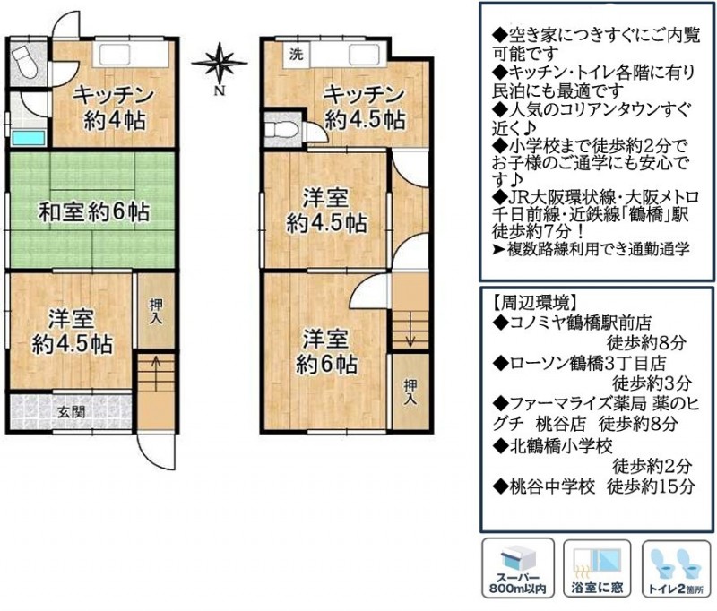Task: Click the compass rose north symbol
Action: click(x=220, y=64)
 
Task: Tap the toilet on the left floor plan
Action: click(x=25, y=63)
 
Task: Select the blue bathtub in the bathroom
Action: click(x=29, y=138)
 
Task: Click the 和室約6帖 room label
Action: click(x=94, y=212)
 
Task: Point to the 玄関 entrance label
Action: click(x=72, y=412)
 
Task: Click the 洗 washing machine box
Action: click(x=297, y=55)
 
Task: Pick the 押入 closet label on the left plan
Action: click(x=156, y=312)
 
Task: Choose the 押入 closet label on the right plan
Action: click(x=410, y=392)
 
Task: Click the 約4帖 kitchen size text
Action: click(x=115, y=121)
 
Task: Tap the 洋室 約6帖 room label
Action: click(x=326, y=351)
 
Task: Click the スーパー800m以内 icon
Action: click(x=518, y=568)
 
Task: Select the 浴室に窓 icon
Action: click(x=597, y=568)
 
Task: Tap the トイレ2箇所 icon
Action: click(x=677, y=568)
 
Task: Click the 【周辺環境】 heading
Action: click(x=531, y=302)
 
